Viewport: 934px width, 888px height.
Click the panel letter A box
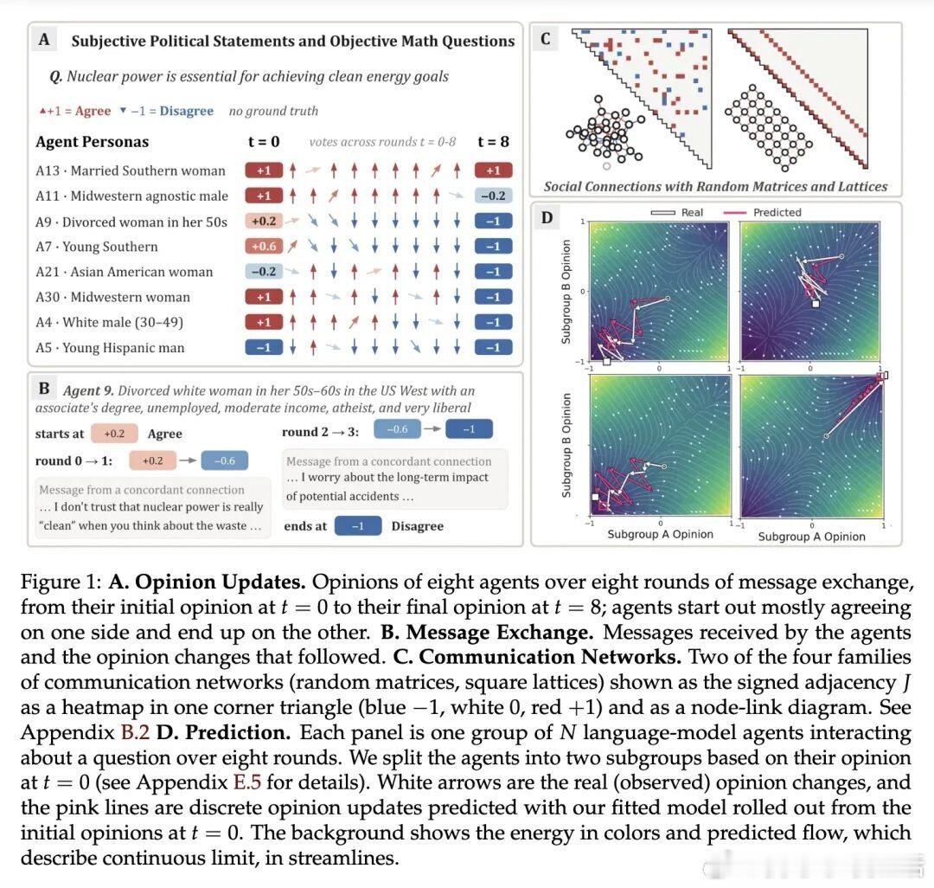[44, 40]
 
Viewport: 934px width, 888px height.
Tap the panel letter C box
[545, 39]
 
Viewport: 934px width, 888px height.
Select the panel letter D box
[547, 217]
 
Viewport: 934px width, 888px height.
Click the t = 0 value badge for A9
[264, 221]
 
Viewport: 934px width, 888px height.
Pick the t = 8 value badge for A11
[493, 196]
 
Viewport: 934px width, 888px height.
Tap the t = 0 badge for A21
[264, 272]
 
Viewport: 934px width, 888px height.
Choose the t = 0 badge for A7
[264, 246]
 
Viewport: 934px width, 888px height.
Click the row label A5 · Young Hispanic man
[110, 347]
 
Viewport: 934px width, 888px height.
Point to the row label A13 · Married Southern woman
[131, 171]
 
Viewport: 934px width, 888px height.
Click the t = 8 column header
[493, 142]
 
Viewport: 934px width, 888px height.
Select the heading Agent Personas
[93, 142]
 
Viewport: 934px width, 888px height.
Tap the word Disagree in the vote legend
[187, 111]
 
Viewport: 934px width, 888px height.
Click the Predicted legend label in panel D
[777, 212]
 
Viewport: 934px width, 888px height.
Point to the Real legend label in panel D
[692, 212]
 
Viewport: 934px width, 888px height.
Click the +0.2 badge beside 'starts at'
[114, 434]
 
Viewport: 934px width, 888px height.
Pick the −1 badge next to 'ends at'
[358, 526]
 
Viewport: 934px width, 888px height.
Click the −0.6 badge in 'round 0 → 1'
[225, 460]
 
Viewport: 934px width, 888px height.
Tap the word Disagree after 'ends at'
[418, 526]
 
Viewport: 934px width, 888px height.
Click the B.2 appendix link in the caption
[135, 732]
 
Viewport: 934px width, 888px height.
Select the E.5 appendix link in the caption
[247, 782]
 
